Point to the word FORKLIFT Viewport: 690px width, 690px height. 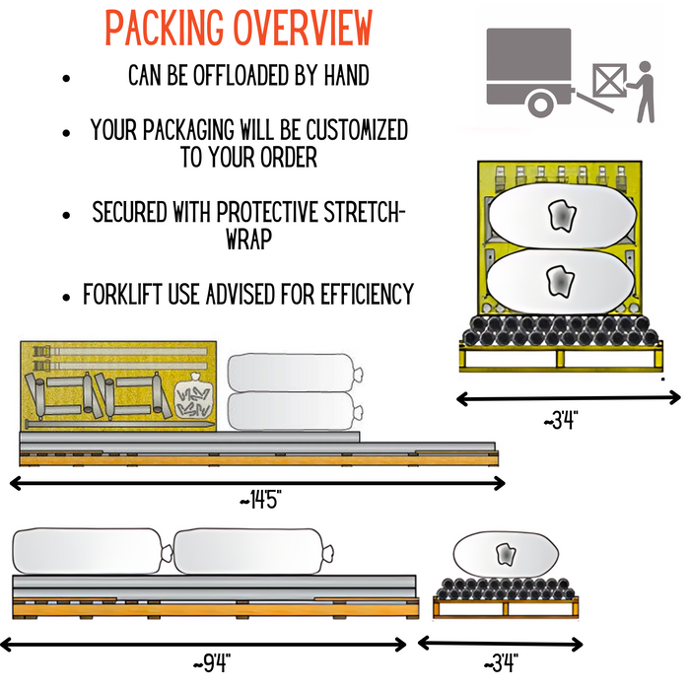tap(126, 294)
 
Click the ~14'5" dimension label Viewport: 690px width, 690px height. tap(260, 501)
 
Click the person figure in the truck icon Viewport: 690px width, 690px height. tap(645, 91)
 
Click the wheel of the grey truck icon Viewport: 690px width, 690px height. tap(540, 103)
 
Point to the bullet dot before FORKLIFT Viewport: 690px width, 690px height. tap(65, 295)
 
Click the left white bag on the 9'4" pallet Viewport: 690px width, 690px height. tap(87, 550)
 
